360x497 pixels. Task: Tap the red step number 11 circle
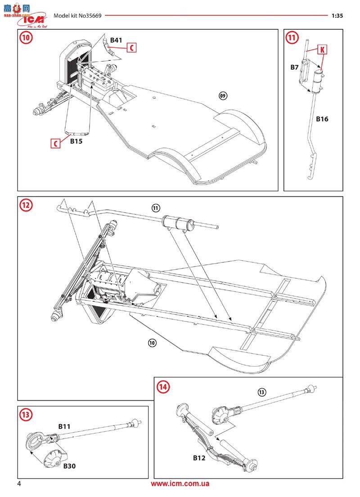point(292,38)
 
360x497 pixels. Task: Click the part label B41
point(116,41)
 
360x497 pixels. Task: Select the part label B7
point(294,67)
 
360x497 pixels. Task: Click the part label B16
point(322,119)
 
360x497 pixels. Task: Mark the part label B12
point(199,458)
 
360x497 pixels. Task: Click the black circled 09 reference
point(222,95)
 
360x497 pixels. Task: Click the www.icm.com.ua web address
point(180,484)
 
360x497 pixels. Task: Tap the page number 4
point(19,484)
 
